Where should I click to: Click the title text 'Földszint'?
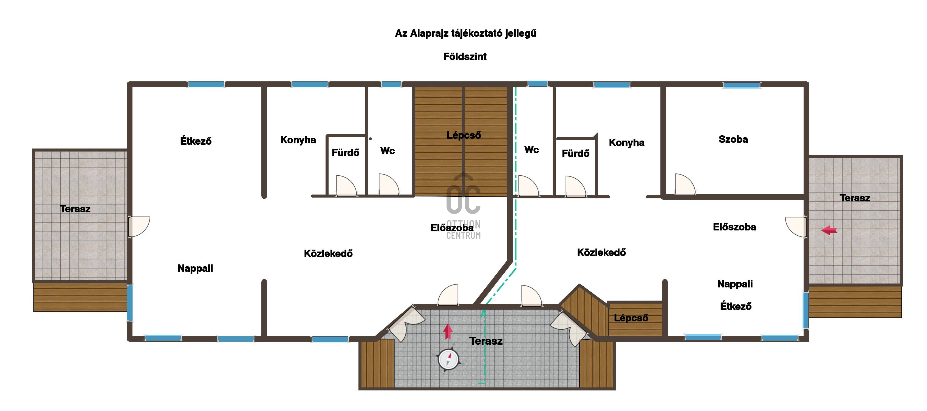tap(465, 56)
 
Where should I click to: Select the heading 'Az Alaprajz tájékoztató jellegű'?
tap(466, 33)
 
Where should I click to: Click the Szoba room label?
tap(733, 139)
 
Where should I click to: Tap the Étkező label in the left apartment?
tap(196, 141)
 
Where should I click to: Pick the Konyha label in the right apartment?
tap(626, 143)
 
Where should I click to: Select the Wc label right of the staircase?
tap(532, 150)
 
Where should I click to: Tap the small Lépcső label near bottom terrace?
tap(631, 318)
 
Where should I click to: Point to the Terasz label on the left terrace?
tap(75, 209)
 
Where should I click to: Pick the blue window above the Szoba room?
tap(742, 85)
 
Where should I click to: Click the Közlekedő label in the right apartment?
tap(601, 252)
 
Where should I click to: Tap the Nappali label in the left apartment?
tap(195, 269)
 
